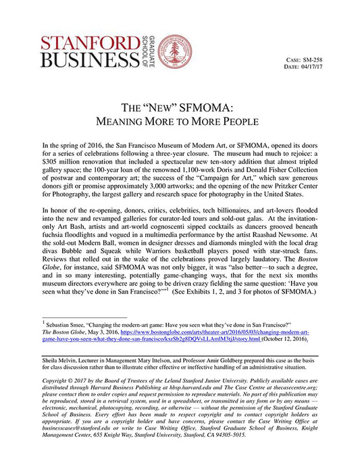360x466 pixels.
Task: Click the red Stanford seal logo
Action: pyautogui.click(x=174, y=51)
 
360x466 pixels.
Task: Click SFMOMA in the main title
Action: pyautogui.click(x=209, y=109)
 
